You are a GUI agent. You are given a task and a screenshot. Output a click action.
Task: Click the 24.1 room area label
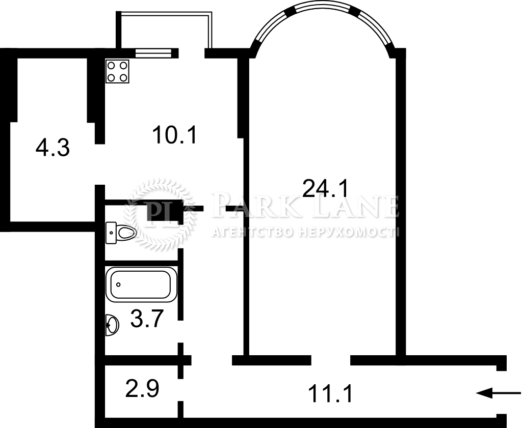pos(325,188)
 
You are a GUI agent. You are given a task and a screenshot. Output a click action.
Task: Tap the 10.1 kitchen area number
pos(175,134)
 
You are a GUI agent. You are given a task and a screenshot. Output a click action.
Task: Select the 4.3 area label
pos(53,148)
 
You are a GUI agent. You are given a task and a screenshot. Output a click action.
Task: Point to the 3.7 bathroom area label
pos(146,319)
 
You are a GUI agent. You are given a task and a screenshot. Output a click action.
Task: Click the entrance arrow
pos(499,393)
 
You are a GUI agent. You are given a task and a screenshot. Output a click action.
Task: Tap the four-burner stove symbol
pos(118,71)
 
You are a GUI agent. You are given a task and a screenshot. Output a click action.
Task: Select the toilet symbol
pos(121,233)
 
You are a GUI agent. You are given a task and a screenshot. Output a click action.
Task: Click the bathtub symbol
pos(141,285)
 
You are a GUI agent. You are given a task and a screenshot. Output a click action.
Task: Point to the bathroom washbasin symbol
pos(112,325)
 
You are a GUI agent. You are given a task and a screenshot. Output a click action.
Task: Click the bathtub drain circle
pos(118,285)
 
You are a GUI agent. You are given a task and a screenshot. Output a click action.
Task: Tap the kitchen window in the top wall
pos(153,53)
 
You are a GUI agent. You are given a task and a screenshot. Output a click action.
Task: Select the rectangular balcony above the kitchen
pos(164,30)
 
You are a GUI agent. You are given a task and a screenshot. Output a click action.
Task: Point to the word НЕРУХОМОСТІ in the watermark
pos(348,232)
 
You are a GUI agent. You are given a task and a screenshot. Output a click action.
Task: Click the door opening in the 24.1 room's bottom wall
pos(330,360)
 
